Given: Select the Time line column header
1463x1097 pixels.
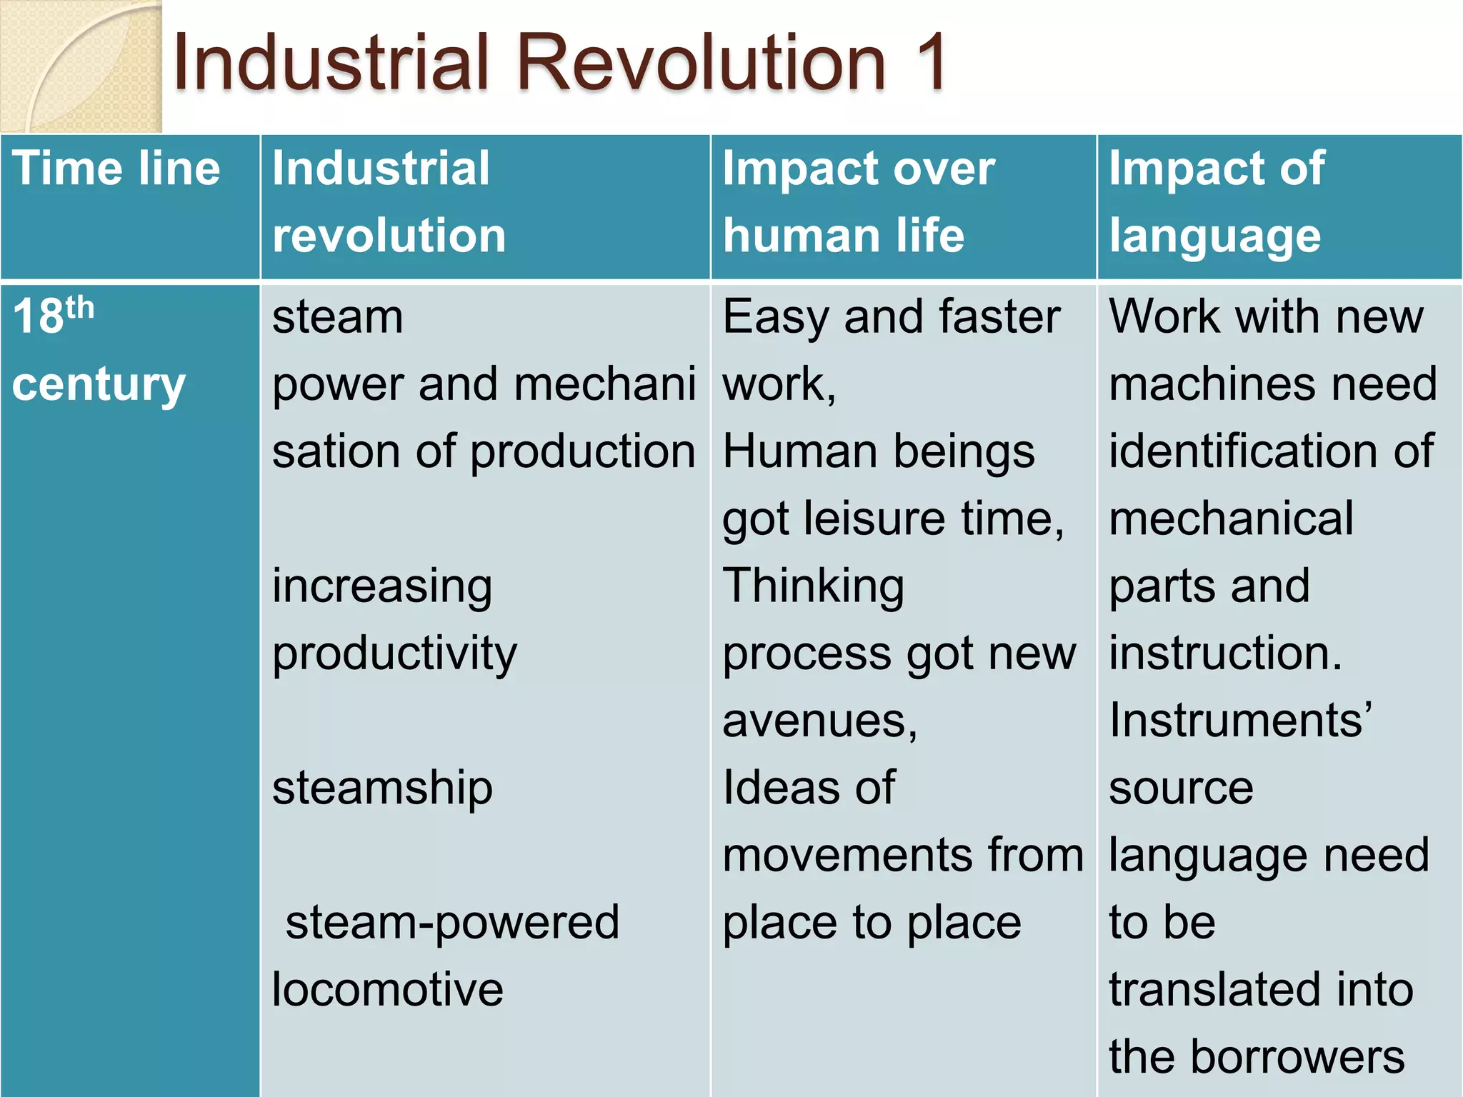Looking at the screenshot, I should pyautogui.click(x=116, y=169).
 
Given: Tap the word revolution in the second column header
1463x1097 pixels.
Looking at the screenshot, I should pyautogui.click(x=389, y=236).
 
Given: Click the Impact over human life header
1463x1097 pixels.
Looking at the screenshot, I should pyautogui.click(x=857, y=202).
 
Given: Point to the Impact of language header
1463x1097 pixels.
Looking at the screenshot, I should pyautogui.click(x=1216, y=202).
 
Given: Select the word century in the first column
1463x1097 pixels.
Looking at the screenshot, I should pyautogui.click(x=99, y=384).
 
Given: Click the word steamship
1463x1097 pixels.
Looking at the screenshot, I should pyautogui.click(x=382, y=788).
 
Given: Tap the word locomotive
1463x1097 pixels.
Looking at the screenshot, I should pyautogui.click(x=388, y=990).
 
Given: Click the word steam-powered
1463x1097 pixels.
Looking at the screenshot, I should pyautogui.click(x=452, y=922).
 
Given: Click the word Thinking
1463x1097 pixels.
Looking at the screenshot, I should pyautogui.click(x=813, y=586).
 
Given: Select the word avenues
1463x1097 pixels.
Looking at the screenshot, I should pyautogui.click(x=819, y=721).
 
